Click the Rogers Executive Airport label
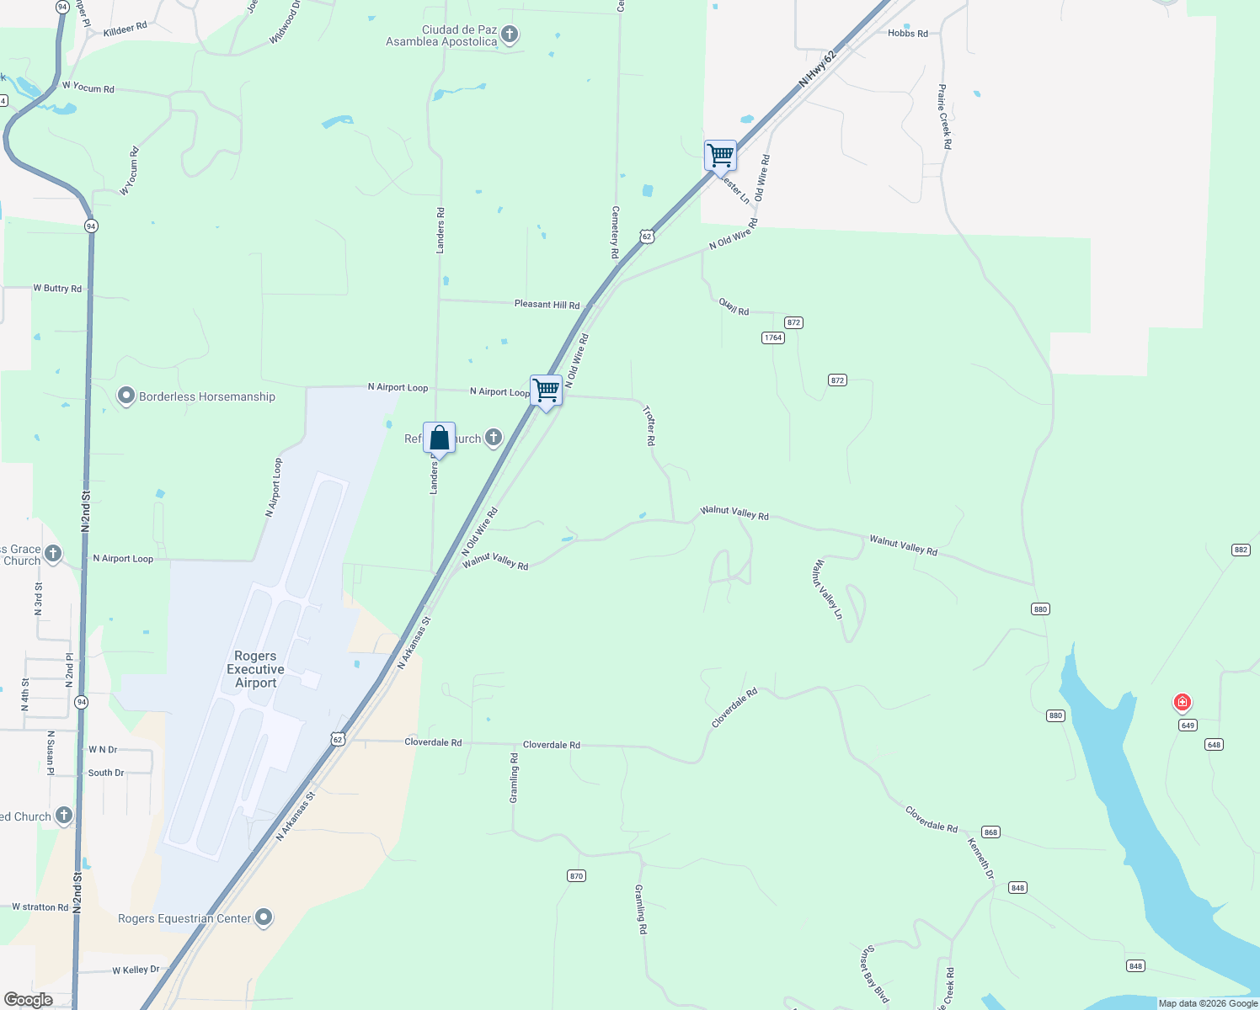(x=255, y=669)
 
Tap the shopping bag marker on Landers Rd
(x=439, y=439)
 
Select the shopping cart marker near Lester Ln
(x=720, y=156)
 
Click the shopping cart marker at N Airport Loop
(x=546, y=391)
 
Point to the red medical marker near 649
(x=1183, y=702)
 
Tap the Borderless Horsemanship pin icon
(x=126, y=396)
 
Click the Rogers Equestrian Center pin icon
(x=264, y=917)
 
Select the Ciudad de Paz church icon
(x=509, y=35)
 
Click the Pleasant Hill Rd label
(x=547, y=304)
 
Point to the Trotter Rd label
(x=649, y=425)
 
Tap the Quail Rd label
(x=734, y=306)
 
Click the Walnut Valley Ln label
(x=827, y=589)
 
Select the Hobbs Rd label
(x=907, y=34)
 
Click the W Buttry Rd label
(x=57, y=289)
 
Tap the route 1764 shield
(x=772, y=338)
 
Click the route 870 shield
(x=576, y=876)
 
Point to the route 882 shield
(x=1241, y=550)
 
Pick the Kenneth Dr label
(x=980, y=858)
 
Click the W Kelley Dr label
(x=136, y=970)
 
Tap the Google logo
(x=28, y=1000)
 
